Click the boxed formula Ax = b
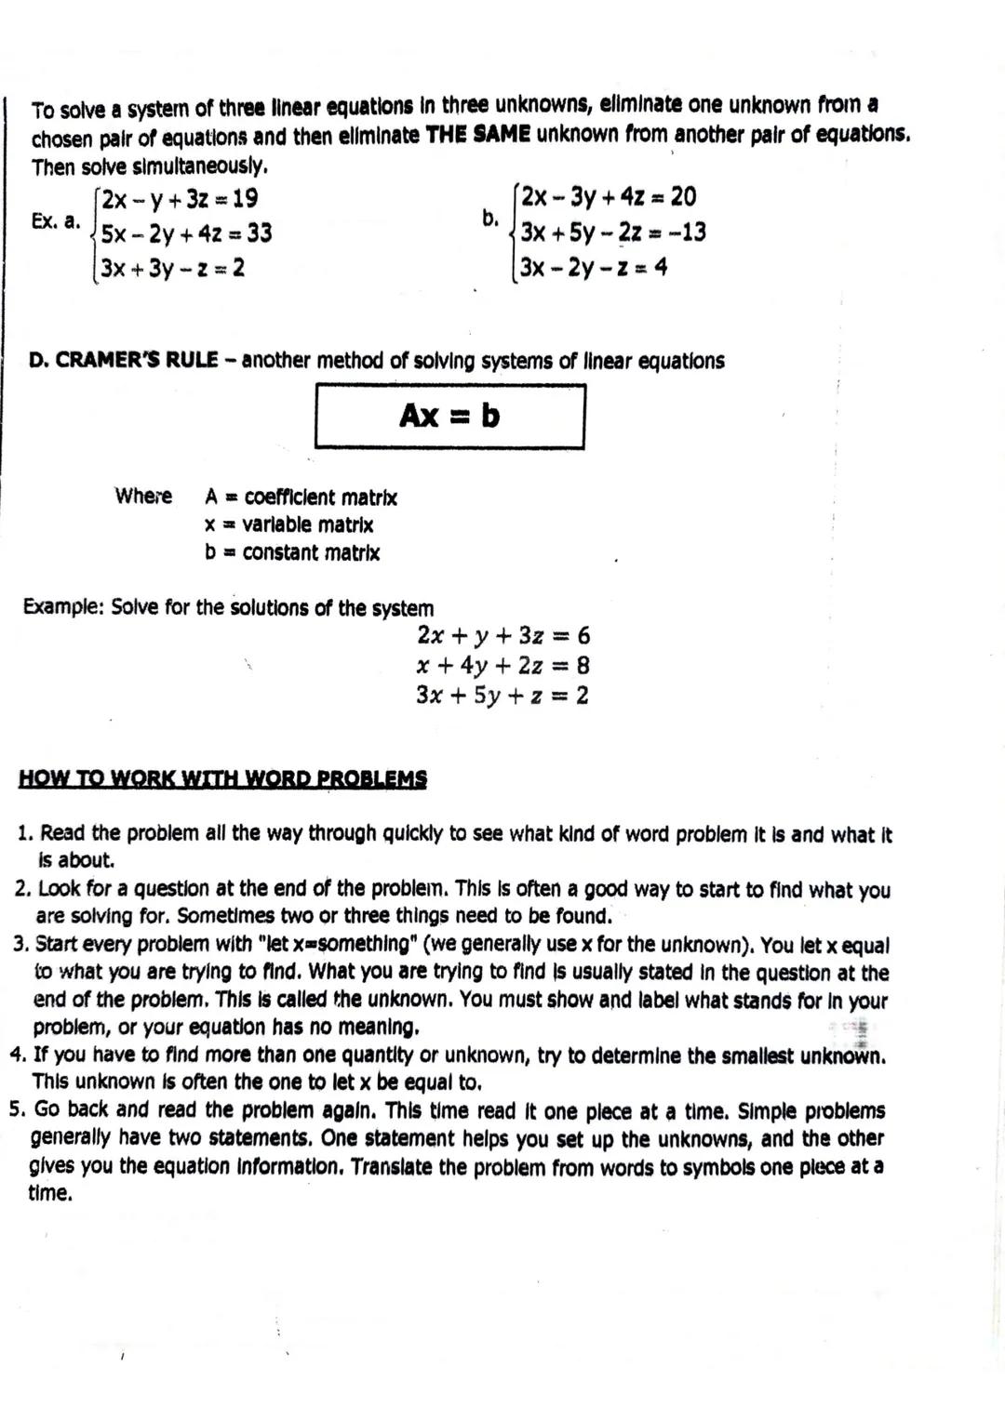449,416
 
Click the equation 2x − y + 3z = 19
180,199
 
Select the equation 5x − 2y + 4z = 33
186,232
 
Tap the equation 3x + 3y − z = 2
173,268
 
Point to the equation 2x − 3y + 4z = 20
609,197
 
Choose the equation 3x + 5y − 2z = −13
612,232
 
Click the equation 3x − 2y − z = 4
594,267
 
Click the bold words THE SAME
477,134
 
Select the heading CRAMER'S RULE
137,361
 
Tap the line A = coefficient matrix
301,498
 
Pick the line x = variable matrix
288,524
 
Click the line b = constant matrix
292,552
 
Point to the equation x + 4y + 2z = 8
502,666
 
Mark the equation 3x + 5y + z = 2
502,696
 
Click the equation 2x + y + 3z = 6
503,636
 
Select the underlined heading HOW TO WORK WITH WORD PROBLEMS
222,778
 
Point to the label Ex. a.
55,222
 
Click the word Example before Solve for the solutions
62,608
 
